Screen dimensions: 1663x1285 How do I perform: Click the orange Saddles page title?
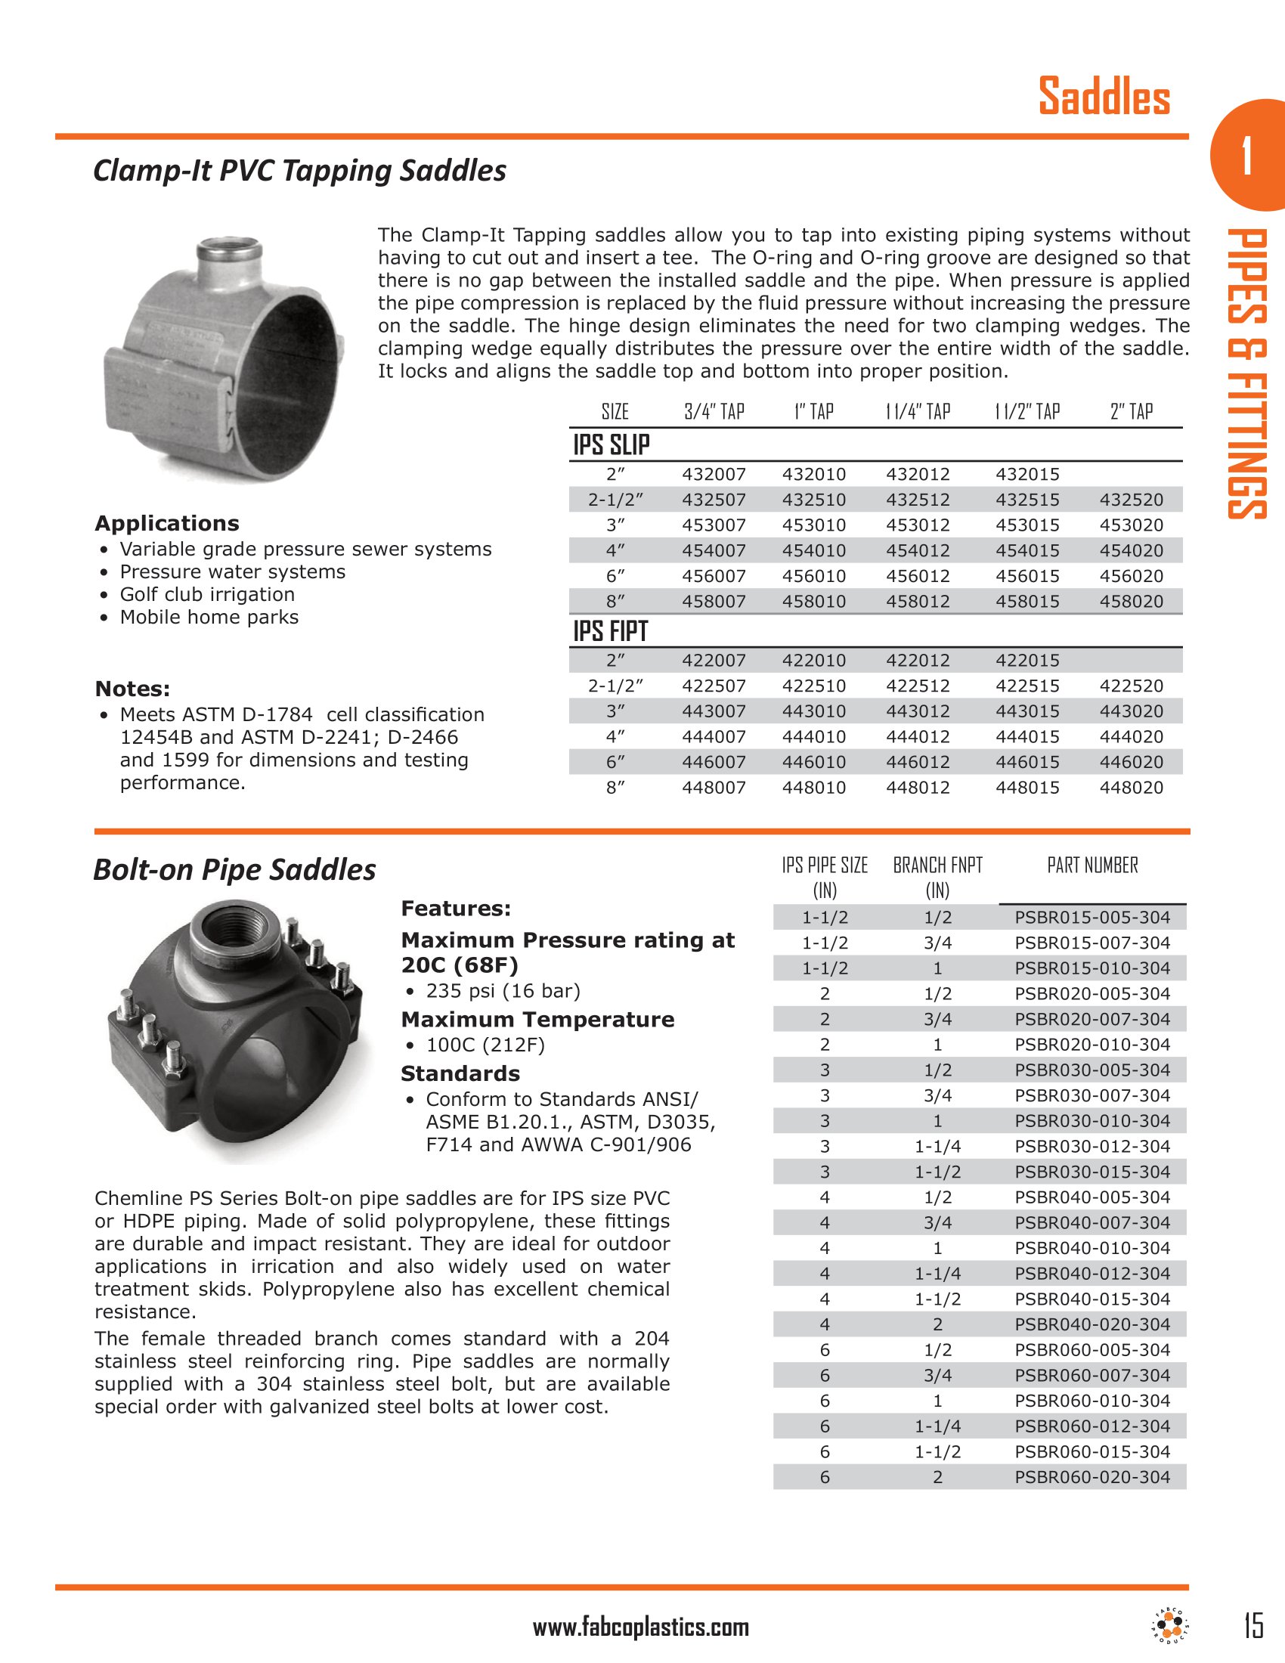pos(1104,98)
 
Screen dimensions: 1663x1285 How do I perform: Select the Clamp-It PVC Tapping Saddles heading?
pos(299,171)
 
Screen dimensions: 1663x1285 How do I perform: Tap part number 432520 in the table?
pos(1132,500)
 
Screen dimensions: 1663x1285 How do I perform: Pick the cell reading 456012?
pos(918,576)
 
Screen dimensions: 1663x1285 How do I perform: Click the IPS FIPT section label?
pos(611,631)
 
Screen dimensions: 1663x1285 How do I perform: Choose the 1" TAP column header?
pos(814,412)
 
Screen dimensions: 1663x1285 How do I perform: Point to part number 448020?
pos(1132,788)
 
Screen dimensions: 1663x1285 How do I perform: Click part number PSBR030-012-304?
pos(1092,1146)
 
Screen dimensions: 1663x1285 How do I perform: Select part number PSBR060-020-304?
pos(1092,1476)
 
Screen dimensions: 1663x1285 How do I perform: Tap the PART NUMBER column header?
pos(1092,865)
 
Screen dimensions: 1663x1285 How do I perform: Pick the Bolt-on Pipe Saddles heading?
pos(234,869)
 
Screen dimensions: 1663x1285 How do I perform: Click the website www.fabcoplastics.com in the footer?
pos(641,1627)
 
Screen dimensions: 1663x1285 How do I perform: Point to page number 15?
pos(1253,1625)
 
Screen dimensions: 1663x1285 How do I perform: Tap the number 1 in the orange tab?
pos(1246,156)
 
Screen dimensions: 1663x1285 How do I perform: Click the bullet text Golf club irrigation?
pos(207,594)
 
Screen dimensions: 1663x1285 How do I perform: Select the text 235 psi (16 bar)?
pos(503,991)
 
